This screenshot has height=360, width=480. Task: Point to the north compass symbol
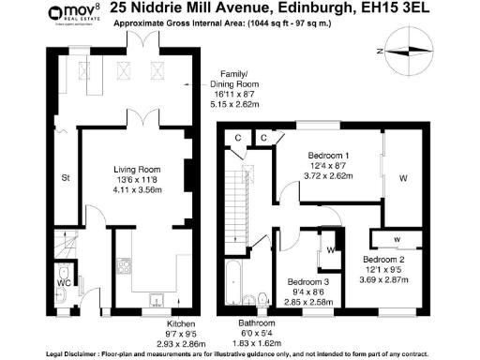pyautogui.click(x=406, y=51)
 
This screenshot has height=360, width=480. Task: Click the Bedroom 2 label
pyautogui.click(x=385, y=259)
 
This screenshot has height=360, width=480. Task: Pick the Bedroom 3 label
pyautogui.click(x=308, y=281)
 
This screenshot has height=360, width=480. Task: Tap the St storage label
pyautogui.click(x=66, y=177)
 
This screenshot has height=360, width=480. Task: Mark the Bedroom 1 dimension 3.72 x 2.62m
pyautogui.click(x=329, y=177)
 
